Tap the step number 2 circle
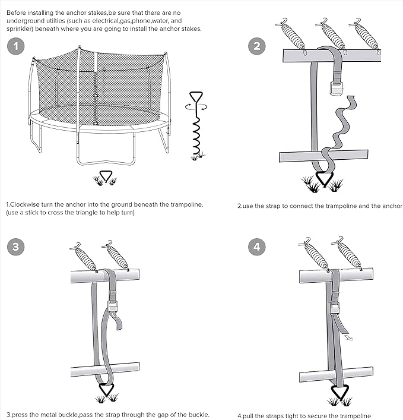(256, 46)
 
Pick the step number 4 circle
(256, 247)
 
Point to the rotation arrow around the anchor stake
(196, 107)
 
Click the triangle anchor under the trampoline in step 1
(106, 176)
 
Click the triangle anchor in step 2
(324, 179)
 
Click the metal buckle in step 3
(112, 307)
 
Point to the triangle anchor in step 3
(106, 390)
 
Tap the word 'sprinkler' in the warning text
(23, 29)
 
